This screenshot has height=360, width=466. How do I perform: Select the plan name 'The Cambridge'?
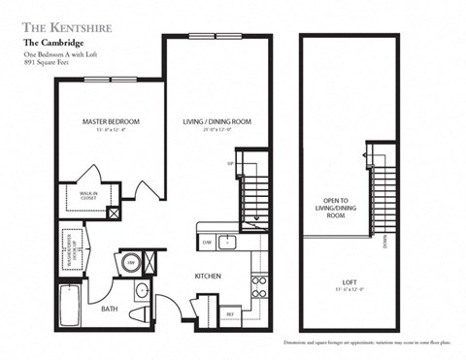(52, 44)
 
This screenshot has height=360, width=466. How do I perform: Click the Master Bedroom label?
(111, 122)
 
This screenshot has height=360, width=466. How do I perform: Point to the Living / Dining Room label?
(217, 122)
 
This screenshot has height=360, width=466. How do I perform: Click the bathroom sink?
(143, 291)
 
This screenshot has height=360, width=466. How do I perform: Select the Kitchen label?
(209, 277)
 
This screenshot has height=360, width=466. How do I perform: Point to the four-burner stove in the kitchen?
(259, 284)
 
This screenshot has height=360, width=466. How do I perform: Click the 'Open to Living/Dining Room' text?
(336, 210)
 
